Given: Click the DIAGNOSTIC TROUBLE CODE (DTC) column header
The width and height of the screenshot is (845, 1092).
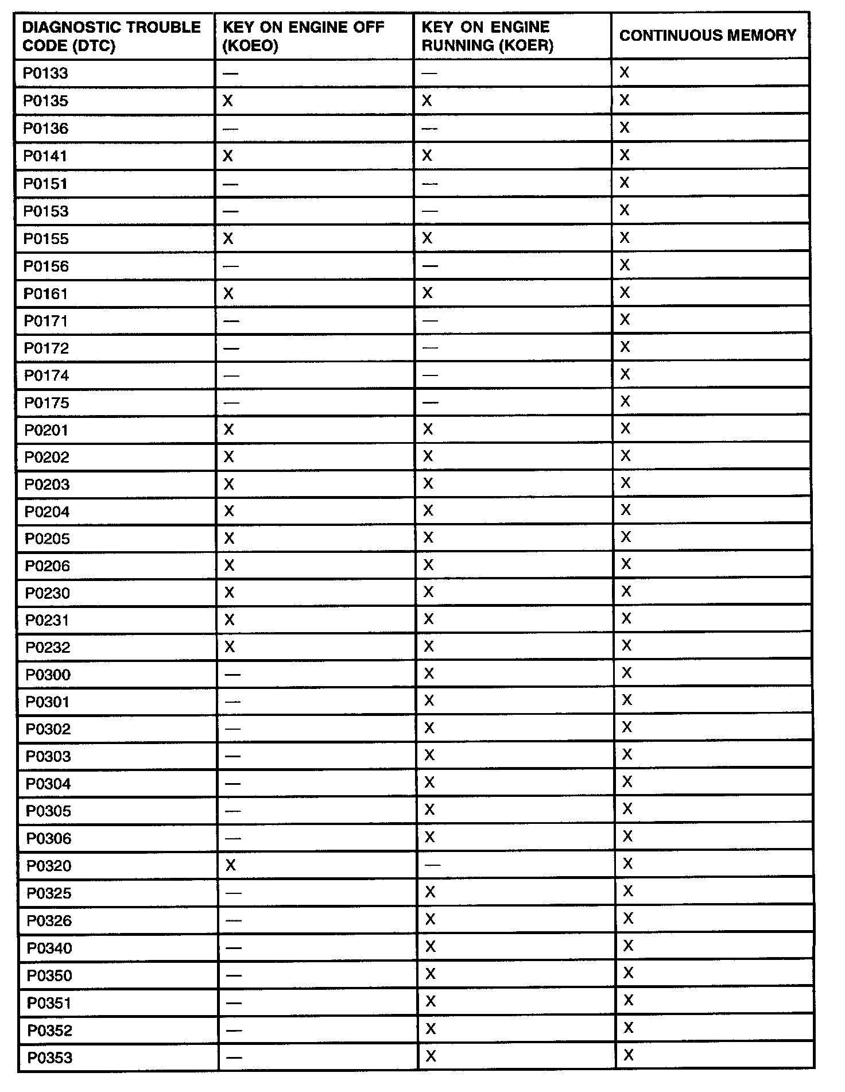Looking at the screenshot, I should (x=112, y=36).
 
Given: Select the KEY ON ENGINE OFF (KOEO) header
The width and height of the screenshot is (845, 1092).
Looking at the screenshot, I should (x=303, y=36).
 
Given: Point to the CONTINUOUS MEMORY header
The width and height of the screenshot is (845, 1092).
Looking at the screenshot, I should (x=708, y=36).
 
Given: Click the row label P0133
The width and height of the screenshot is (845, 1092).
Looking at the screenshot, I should (x=45, y=73).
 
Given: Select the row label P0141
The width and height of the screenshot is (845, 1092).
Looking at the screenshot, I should (x=45, y=156).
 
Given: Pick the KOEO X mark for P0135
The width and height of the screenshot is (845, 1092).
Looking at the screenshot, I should (x=227, y=101).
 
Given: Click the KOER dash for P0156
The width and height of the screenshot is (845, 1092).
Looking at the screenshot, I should (x=429, y=266).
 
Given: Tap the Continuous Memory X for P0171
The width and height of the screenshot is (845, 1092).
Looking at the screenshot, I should (x=625, y=320).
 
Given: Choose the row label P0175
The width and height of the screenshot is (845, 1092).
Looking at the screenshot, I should (x=46, y=403).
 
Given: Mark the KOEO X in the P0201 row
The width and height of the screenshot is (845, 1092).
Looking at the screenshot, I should (x=228, y=430).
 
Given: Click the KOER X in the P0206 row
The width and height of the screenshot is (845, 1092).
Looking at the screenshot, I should (x=428, y=565).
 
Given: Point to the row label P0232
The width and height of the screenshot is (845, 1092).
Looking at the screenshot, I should (x=48, y=648).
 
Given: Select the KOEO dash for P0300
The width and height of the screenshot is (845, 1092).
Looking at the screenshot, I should (x=232, y=675).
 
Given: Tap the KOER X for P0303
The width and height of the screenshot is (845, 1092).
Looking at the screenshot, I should (x=429, y=756).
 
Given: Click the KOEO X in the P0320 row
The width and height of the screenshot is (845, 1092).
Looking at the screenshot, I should (x=230, y=865).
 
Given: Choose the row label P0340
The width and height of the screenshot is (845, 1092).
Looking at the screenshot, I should (x=49, y=948).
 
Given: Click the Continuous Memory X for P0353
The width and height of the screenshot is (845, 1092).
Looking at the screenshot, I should (x=629, y=1055).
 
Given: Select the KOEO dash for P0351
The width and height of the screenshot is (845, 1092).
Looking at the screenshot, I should (x=234, y=1003).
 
